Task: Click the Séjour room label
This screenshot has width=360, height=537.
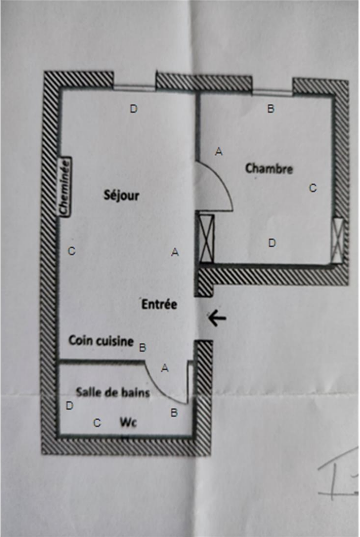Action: pyautogui.click(x=121, y=195)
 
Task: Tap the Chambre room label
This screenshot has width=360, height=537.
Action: pyautogui.click(x=269, y=168)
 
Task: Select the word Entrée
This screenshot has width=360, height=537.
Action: pyautogui.click(x=159, y=304)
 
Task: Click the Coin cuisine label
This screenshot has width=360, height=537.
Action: pyautogui.click(x=101, y=341)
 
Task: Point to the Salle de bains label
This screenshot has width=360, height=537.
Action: pyautogui.click(x=113, y=392)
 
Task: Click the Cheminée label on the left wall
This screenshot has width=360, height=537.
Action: pyautogui.click(x=65, y=187)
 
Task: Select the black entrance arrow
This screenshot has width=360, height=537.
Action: pyautogui.click(x=217, y=317)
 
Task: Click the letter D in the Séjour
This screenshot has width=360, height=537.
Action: pyautogui.click(x=134, y=108)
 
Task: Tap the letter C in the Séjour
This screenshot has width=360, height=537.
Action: pyautogui.click(x=72, y=251)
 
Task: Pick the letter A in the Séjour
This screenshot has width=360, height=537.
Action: pyautogui.click(x=175, y=252)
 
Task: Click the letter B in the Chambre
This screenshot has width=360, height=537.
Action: pyautogui.click(x=270, y=109)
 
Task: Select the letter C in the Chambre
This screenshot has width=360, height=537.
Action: pyautogui.click(x=312, y=188)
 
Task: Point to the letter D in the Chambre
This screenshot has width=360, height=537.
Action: pyautogui.click(x=272, y=243)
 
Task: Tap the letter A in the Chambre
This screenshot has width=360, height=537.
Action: pyautogui.click(x=218, y=151)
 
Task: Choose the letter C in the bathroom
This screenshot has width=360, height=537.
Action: pyautogui.click(x=97, y=423)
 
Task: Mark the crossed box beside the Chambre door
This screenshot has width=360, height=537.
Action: pyautogui.click(x=207, y=238)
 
